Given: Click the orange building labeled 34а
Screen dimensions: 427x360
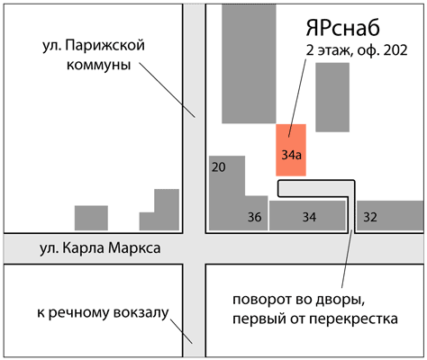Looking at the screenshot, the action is point(291,150).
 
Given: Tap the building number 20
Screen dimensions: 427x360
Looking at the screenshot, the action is point(218,167).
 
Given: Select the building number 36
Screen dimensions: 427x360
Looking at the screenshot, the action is point(254,217).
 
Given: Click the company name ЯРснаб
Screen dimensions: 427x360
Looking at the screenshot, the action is point(342,28).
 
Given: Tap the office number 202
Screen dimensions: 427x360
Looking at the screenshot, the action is point(395,50).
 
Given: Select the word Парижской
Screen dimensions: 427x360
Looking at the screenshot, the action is point(105,46).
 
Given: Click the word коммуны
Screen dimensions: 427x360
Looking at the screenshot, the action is point(99,65).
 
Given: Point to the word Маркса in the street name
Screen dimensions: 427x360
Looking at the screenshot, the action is point(134,248).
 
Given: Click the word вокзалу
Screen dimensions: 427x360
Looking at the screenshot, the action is point(141,313).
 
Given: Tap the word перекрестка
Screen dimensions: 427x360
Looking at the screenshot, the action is point(354,319).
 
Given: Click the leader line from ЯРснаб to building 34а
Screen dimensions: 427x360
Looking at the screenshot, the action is point(297,98).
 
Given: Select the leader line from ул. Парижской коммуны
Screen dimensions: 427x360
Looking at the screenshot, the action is point(167,89).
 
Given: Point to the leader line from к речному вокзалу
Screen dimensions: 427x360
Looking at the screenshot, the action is point(181,331).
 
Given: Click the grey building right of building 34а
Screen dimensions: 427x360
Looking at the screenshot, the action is point(332,97).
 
